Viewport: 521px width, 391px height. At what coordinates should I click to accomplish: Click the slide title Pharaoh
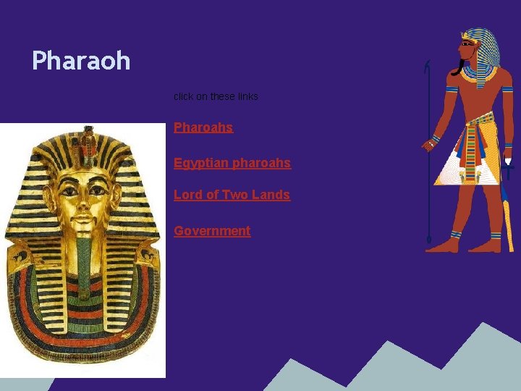[x=81, y=60]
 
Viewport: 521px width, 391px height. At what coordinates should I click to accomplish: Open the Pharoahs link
[x=203, y=127]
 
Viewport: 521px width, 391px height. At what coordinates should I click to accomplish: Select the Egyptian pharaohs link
[x=232, y=163]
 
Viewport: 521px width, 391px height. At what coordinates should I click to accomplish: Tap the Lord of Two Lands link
[x=232, y=195]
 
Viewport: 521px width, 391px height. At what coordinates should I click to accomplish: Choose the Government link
[x=212, y=231]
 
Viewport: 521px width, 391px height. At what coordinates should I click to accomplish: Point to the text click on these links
[x=216, y=96]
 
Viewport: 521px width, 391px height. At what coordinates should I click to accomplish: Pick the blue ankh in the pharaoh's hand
[x=509, y=172]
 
